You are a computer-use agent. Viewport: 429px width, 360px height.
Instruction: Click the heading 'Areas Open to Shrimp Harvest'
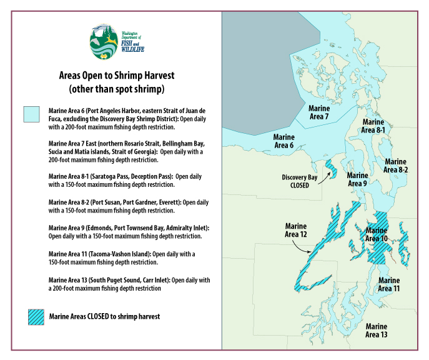click(x=116, y=76)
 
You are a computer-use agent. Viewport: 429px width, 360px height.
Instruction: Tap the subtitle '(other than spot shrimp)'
click(x=116, y=89)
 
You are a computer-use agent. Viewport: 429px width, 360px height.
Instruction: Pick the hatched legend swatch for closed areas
click(x=36, y=317)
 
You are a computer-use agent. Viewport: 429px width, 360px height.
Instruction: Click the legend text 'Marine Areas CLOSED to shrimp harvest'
click(x=104, y=317)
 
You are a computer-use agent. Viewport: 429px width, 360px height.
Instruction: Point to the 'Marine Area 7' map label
click(x=318, y=112)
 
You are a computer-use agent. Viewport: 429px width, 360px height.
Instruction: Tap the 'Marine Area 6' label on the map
click(x=284, y=141)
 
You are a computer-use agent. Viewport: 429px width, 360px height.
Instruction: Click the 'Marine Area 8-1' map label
click(x=373, y=126)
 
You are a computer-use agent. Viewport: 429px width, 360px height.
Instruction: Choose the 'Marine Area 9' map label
click(x=357, y=179)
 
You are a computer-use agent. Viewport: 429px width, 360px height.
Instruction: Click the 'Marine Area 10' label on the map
click(x=377, y=234)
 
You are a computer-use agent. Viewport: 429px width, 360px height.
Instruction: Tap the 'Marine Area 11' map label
click(x=389, y=285)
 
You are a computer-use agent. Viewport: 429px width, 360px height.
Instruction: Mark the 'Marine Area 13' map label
click(x=377, y=331)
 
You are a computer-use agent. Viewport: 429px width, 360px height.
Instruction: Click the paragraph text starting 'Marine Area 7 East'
click(x=129, y=151)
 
